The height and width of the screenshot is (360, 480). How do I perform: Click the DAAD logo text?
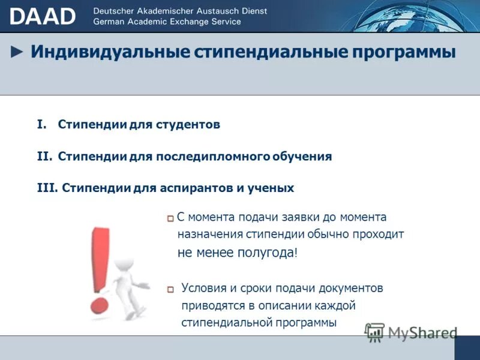point(43,16)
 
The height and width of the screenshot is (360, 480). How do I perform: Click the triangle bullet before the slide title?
point(18,52)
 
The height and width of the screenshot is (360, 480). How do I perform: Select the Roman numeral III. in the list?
point(47,188)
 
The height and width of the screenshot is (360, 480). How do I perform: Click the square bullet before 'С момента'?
point(171,218)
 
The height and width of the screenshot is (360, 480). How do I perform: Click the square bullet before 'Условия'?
point(171,290)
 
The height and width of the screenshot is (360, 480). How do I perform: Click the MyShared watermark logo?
point(412,332)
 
